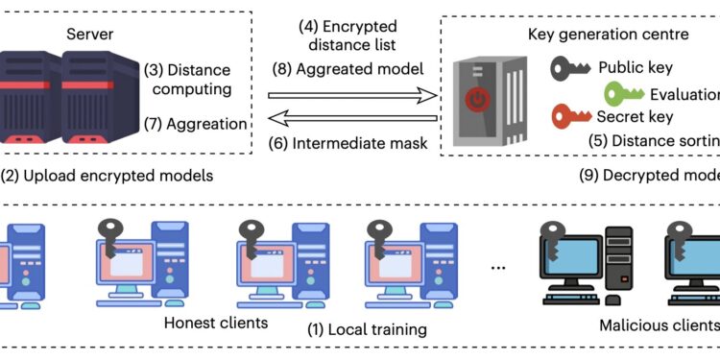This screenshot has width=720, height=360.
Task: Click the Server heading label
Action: coord(90,35)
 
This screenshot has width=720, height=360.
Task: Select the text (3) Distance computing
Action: coord(188,80)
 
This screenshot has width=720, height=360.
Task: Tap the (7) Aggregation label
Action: coord(195,124)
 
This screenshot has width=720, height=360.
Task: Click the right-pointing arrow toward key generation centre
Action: coord(351,96)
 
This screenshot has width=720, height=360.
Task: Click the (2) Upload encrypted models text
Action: coord(108,176)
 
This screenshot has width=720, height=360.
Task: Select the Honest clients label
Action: coord(216,322)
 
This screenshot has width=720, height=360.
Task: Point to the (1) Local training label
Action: coord(367,329)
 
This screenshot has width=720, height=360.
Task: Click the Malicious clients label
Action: coord(660,325)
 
